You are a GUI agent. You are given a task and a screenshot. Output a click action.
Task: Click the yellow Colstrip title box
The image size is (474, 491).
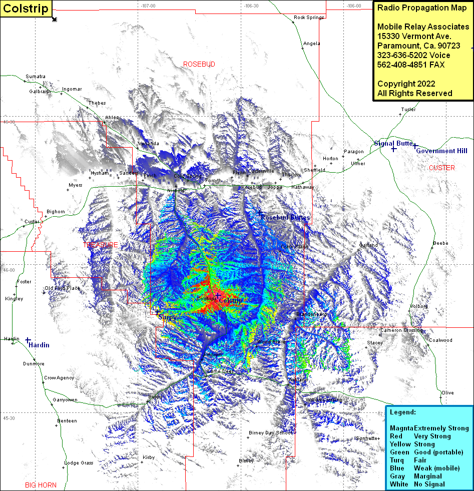click(x=26, y=9)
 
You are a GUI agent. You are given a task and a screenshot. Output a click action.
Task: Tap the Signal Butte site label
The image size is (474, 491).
click(x=393, y=143)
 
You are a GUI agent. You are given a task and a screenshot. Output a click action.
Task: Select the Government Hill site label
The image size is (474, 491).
click(x=441, y=151)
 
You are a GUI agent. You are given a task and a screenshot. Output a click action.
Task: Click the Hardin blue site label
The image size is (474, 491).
click(x=39, y=345)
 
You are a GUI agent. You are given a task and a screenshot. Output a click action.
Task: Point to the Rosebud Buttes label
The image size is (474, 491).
click(x=285, y=218)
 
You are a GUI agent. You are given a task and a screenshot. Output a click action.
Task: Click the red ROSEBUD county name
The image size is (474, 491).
click(x=199, y=65)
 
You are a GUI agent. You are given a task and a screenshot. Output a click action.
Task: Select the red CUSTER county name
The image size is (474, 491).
click(x=441, y=168)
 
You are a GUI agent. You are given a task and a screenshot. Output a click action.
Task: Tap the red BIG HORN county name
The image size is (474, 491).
click(x=41, y=484)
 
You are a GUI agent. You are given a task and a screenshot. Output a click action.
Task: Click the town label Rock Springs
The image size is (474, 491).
click(x=308, y=18)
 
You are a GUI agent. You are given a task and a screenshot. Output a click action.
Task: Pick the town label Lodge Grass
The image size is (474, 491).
click(x=80, y=463)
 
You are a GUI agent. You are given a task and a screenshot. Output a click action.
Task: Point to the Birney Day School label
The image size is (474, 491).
click(x=271, y=432)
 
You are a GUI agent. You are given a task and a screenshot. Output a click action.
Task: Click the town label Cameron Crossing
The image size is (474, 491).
click(x=401, y=330)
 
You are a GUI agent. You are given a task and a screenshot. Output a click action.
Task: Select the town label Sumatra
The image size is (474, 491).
click(x=36, y=77)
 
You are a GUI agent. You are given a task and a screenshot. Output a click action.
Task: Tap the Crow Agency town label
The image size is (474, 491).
click(x=59, y=378)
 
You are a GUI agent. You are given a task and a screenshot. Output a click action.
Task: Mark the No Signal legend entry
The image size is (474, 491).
click(x=429, y=484)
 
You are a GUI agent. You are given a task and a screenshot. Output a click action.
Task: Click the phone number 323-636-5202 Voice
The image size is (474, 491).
click(x=413, y=55)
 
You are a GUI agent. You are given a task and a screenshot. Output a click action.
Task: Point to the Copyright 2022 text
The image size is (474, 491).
click(x=406, y=84)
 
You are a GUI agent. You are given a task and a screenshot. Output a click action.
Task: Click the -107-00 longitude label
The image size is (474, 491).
click(x=148, y=6)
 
